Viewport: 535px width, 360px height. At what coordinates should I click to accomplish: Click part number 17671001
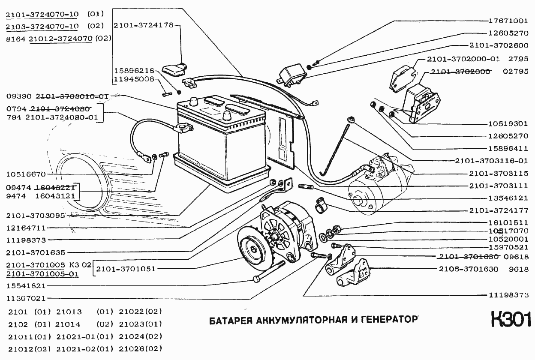508,21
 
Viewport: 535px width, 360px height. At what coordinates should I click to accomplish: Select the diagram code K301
511,320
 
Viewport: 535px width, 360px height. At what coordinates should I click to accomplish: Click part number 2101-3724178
144,25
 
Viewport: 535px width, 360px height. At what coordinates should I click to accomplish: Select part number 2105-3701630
468,270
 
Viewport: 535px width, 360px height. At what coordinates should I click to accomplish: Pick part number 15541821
26,285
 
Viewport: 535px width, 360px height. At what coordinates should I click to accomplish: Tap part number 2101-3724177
499,210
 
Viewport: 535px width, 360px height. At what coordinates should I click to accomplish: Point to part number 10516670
26,174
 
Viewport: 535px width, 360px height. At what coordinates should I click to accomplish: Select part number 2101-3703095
36,216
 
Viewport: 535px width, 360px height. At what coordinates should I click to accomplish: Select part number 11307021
26,298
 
